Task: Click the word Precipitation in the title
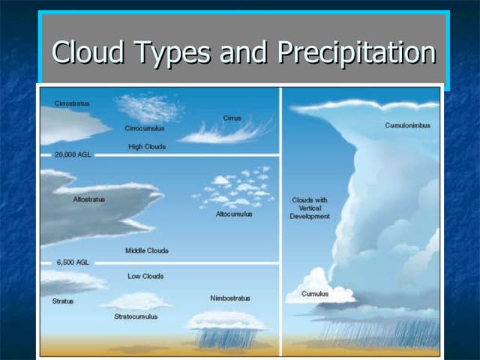pyautogui.click(x=356, y=53)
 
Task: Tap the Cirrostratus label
pyautogui.click(x=72, y=103)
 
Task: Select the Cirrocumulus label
pyautogui.click(x=145, y=128)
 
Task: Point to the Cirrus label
pyautogui.click(x=232, y=118)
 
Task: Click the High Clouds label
pyautogui.click(x=147, y=147)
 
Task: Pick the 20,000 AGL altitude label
pyautogui.click(x=73, y=154)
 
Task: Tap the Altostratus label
pyautogui.click(x=89, y=199)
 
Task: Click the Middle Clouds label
pyautogui.click(x=147, y=250)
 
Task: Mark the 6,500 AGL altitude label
pyautogui.click(x=72, y=262)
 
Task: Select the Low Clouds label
pyautogui.click(x=145, y=276)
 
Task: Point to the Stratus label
pyautogui.click(x=63, y=301)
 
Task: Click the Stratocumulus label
pyautogui.click(x=136, y=316)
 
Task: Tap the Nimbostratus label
pyautogui.click(x=230, y=298)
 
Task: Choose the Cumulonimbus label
pyautogui.click(x=407, y=125)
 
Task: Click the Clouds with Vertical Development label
pyautogui.click(x=310, y=208)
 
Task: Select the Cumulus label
pyautogui.click(x=315, y=294)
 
